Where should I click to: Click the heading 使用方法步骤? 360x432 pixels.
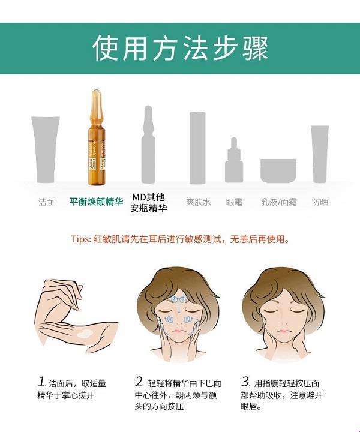[180, 48]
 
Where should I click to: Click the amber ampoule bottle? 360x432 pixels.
[95, 138]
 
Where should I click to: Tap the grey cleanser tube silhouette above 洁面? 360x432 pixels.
[46, 148]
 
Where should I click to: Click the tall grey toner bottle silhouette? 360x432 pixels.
[198, 147]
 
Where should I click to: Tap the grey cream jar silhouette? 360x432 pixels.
[278, 170]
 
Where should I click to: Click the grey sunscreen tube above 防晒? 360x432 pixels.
[320, 153]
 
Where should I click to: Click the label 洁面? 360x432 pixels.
[46, 202]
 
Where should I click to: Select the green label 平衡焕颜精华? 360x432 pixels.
[96, 202]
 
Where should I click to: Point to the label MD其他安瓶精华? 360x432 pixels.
[148, 203]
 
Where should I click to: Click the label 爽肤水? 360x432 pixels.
[198, 202]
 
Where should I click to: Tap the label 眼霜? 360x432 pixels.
[234, 202]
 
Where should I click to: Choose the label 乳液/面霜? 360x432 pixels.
[278, 202]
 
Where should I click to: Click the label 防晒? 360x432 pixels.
[320, 202]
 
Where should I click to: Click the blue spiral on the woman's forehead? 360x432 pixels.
[179, 299]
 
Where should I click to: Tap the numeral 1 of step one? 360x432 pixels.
[41, 382]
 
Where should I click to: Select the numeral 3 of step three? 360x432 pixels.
[245, 382]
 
